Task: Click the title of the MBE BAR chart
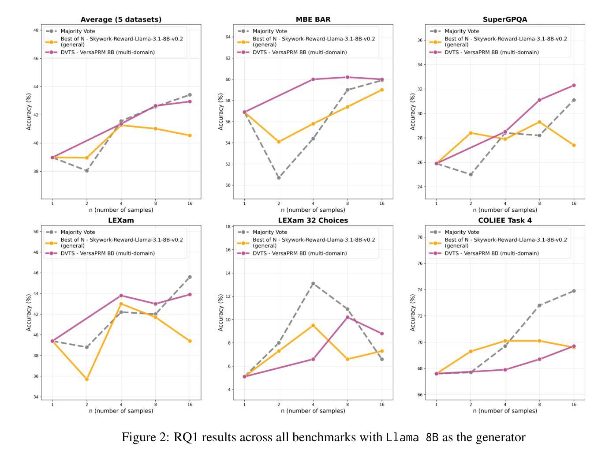[x=313, y=19]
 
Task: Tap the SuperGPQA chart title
[x=505, y=19]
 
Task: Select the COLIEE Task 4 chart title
[x=505, y=220]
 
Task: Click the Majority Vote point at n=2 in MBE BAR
[x=279, y=178]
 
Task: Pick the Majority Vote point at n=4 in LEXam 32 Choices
[x=313, y=283]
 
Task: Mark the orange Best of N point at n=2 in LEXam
[x=87, y=379]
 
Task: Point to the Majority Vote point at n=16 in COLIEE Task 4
[x=574, y=291]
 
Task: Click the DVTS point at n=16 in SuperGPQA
[x=574, y=85]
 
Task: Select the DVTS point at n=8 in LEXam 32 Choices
[x=347, y=317]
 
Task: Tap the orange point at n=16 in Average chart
[x=190, y=135]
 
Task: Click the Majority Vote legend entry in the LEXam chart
[x=78, y=232]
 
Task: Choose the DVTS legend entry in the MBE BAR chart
[x=299, y=52]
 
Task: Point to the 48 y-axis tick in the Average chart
[x=35, y=30]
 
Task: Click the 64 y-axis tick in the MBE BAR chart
[x=228, y=37]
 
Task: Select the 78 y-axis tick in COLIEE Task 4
[x=420, y=237]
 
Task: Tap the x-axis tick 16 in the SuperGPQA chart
[x=574, y=203]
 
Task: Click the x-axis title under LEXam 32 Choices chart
[x=313, y=411]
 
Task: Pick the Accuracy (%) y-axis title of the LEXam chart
[x=29, y=312]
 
